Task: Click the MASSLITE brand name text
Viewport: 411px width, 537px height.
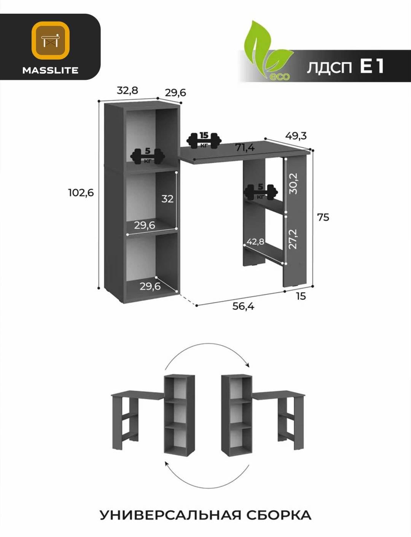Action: click(50, 70)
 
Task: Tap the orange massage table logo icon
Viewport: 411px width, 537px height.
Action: click(51, 40)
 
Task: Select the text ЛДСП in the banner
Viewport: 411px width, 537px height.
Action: click(329, 67)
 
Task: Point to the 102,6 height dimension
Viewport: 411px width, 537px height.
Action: click(81, 193)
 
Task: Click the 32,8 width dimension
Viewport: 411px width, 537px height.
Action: click(127, 90)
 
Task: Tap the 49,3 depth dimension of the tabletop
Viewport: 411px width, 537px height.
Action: click(296, 136)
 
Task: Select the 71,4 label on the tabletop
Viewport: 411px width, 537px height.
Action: click(245, 147)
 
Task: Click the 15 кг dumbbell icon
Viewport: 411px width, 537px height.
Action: click(204, 141)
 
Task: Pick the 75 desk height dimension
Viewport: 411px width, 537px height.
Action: click(323, 217)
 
